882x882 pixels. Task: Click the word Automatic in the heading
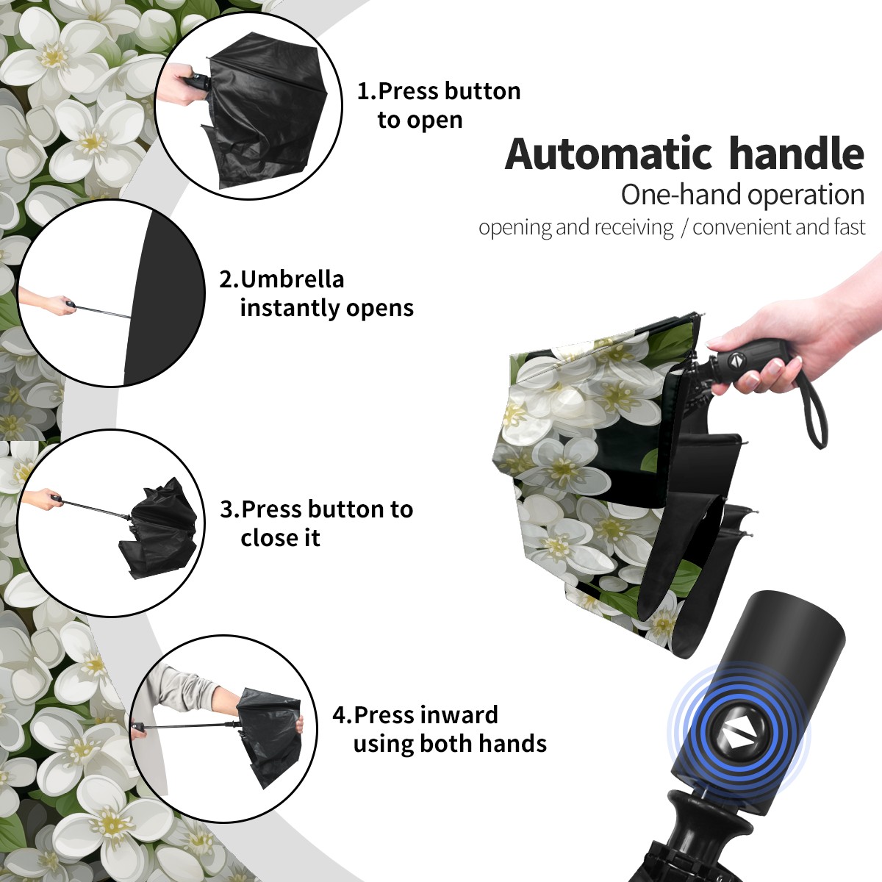click(x=609, y=154)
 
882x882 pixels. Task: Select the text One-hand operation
click(x=742, y=195)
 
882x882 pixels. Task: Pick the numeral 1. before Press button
click(x=367, y=91)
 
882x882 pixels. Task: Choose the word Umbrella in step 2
click(x=292, y=279)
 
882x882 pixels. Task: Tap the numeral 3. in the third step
click(x=229, y=509)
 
